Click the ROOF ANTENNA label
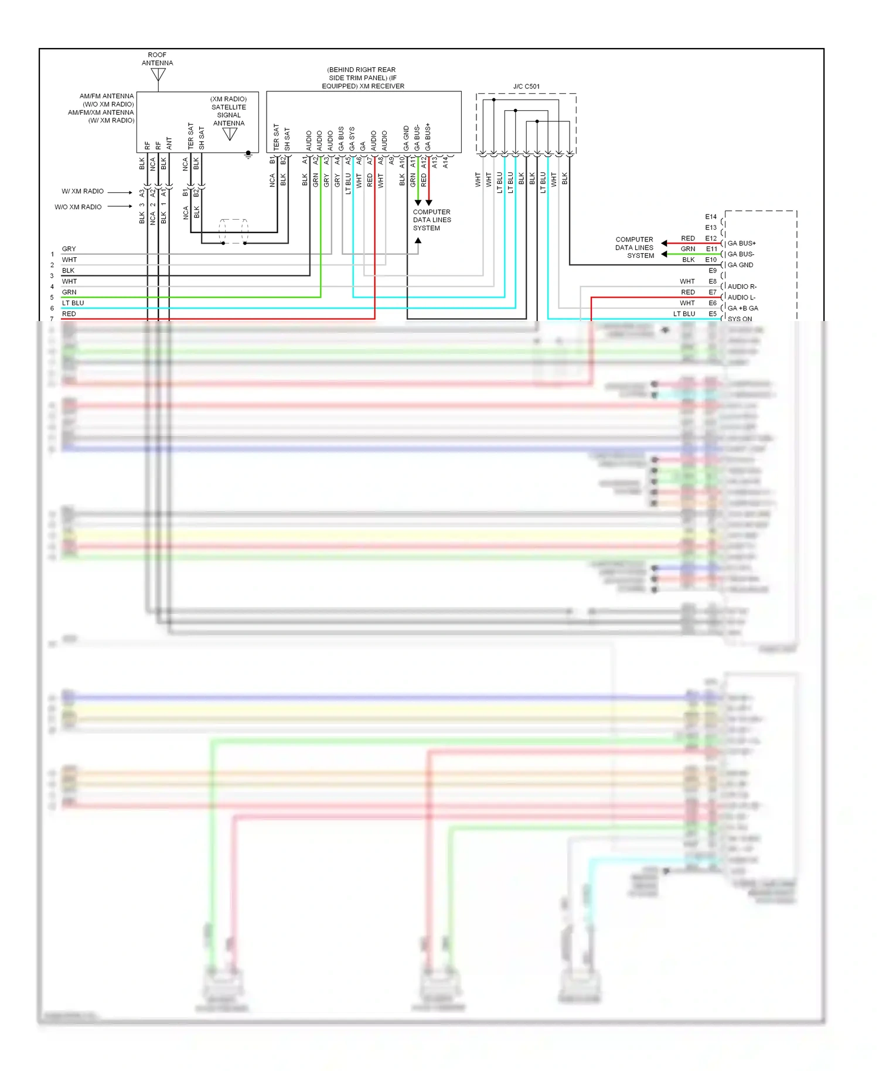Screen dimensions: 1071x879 157,59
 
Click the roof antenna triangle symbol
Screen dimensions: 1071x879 158,74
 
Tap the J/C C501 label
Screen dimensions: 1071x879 526,86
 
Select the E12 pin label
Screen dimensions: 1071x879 711,238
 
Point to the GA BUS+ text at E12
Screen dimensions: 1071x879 741,243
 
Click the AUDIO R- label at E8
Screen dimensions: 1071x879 742,286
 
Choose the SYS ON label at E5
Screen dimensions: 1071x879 740,319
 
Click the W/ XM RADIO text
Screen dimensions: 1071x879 83,192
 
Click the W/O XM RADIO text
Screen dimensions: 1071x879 78,207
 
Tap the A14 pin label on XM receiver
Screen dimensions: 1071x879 445,162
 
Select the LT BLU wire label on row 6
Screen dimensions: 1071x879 73,303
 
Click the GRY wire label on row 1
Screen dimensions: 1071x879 69,249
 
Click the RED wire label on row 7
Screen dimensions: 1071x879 69,314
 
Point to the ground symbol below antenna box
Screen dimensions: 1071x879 248,155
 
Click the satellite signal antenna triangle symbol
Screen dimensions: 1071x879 230,134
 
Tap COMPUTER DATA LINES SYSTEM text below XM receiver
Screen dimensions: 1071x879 432,220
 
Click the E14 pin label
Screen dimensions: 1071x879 711,217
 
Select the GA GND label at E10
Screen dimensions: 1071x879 740,265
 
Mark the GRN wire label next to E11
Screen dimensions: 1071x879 688,249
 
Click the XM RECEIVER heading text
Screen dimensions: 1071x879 363,78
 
